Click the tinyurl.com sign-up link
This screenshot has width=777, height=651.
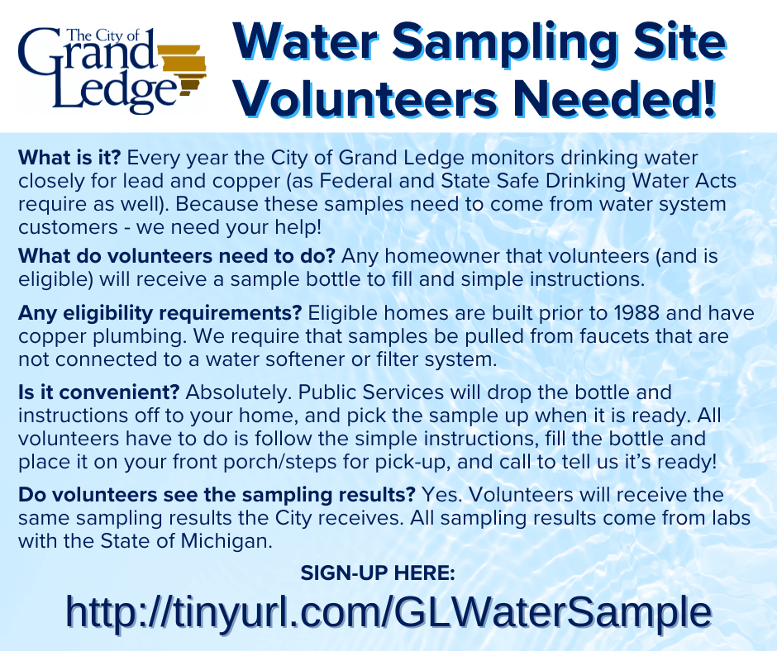coord(388,612)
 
